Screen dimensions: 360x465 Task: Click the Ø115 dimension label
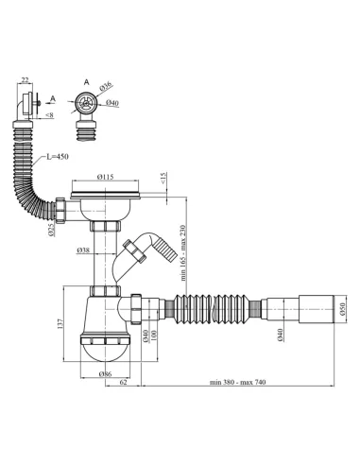click(x=105, y=177)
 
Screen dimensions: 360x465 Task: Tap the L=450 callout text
click(x=58, y=157)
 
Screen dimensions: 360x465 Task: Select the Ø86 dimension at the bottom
click(x=105, y=374)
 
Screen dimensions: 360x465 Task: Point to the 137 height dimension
click(x=60, y=324)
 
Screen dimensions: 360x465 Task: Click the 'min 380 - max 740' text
click(x=238, y=382)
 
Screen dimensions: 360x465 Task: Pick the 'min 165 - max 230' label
click(x=183, y=253)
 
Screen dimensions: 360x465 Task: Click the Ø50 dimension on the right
click(x=343, y=308)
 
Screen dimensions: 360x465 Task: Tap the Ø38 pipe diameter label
click(x=83, y=250)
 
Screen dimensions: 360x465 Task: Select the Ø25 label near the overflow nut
click(x=52, y=231)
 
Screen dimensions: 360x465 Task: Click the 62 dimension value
click(x=124, y=382)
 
